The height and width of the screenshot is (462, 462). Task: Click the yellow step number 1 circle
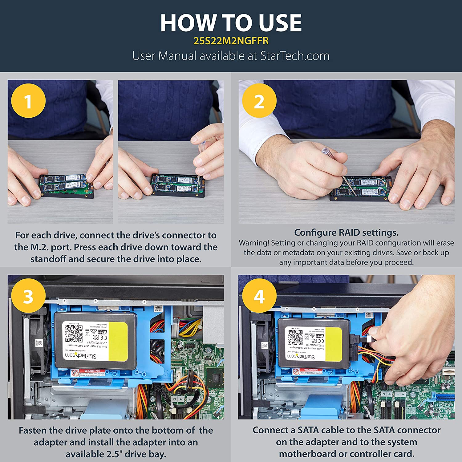(x=28, y=101)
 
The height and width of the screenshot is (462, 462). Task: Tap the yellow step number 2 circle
(x=259, y=101)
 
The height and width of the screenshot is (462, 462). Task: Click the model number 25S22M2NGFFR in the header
(x=231, y=41)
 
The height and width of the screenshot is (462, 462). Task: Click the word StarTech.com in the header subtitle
(x=295, y=56)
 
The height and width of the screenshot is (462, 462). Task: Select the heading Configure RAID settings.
(x=346, y=233)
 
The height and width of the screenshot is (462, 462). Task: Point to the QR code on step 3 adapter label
(x=74, y=333)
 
